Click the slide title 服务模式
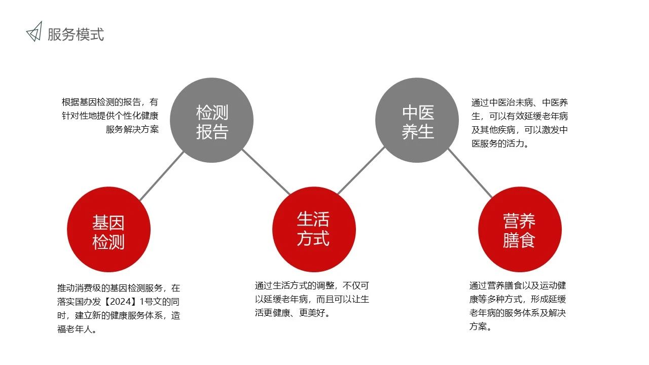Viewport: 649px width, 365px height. tap(76, 34)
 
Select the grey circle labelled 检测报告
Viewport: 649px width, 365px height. tap(212, 120)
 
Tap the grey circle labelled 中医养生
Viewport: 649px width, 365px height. tap(417, 120)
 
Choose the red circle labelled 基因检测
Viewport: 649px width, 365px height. tap(109, 230)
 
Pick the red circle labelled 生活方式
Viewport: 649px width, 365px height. tap(314, 230)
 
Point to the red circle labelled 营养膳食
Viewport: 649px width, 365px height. tap(520, 230)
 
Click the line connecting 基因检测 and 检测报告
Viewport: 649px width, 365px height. tap(162, 176)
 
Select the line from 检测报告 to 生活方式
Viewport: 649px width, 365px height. tap(266, 172)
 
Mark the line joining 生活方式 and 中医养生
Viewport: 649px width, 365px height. tap(362, 170)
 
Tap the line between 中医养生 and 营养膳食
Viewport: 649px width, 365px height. tap(470, 173)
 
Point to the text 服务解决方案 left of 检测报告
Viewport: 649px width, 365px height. tap(132, 129)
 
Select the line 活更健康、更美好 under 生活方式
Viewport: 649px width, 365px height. tap(292, 313)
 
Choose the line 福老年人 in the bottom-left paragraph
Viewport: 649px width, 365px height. tap(77, 329)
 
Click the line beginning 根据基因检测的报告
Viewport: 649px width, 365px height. tap(110, 102)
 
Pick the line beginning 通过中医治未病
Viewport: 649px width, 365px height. tap(520, 102)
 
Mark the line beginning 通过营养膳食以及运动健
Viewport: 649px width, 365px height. tap(518, 285)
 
